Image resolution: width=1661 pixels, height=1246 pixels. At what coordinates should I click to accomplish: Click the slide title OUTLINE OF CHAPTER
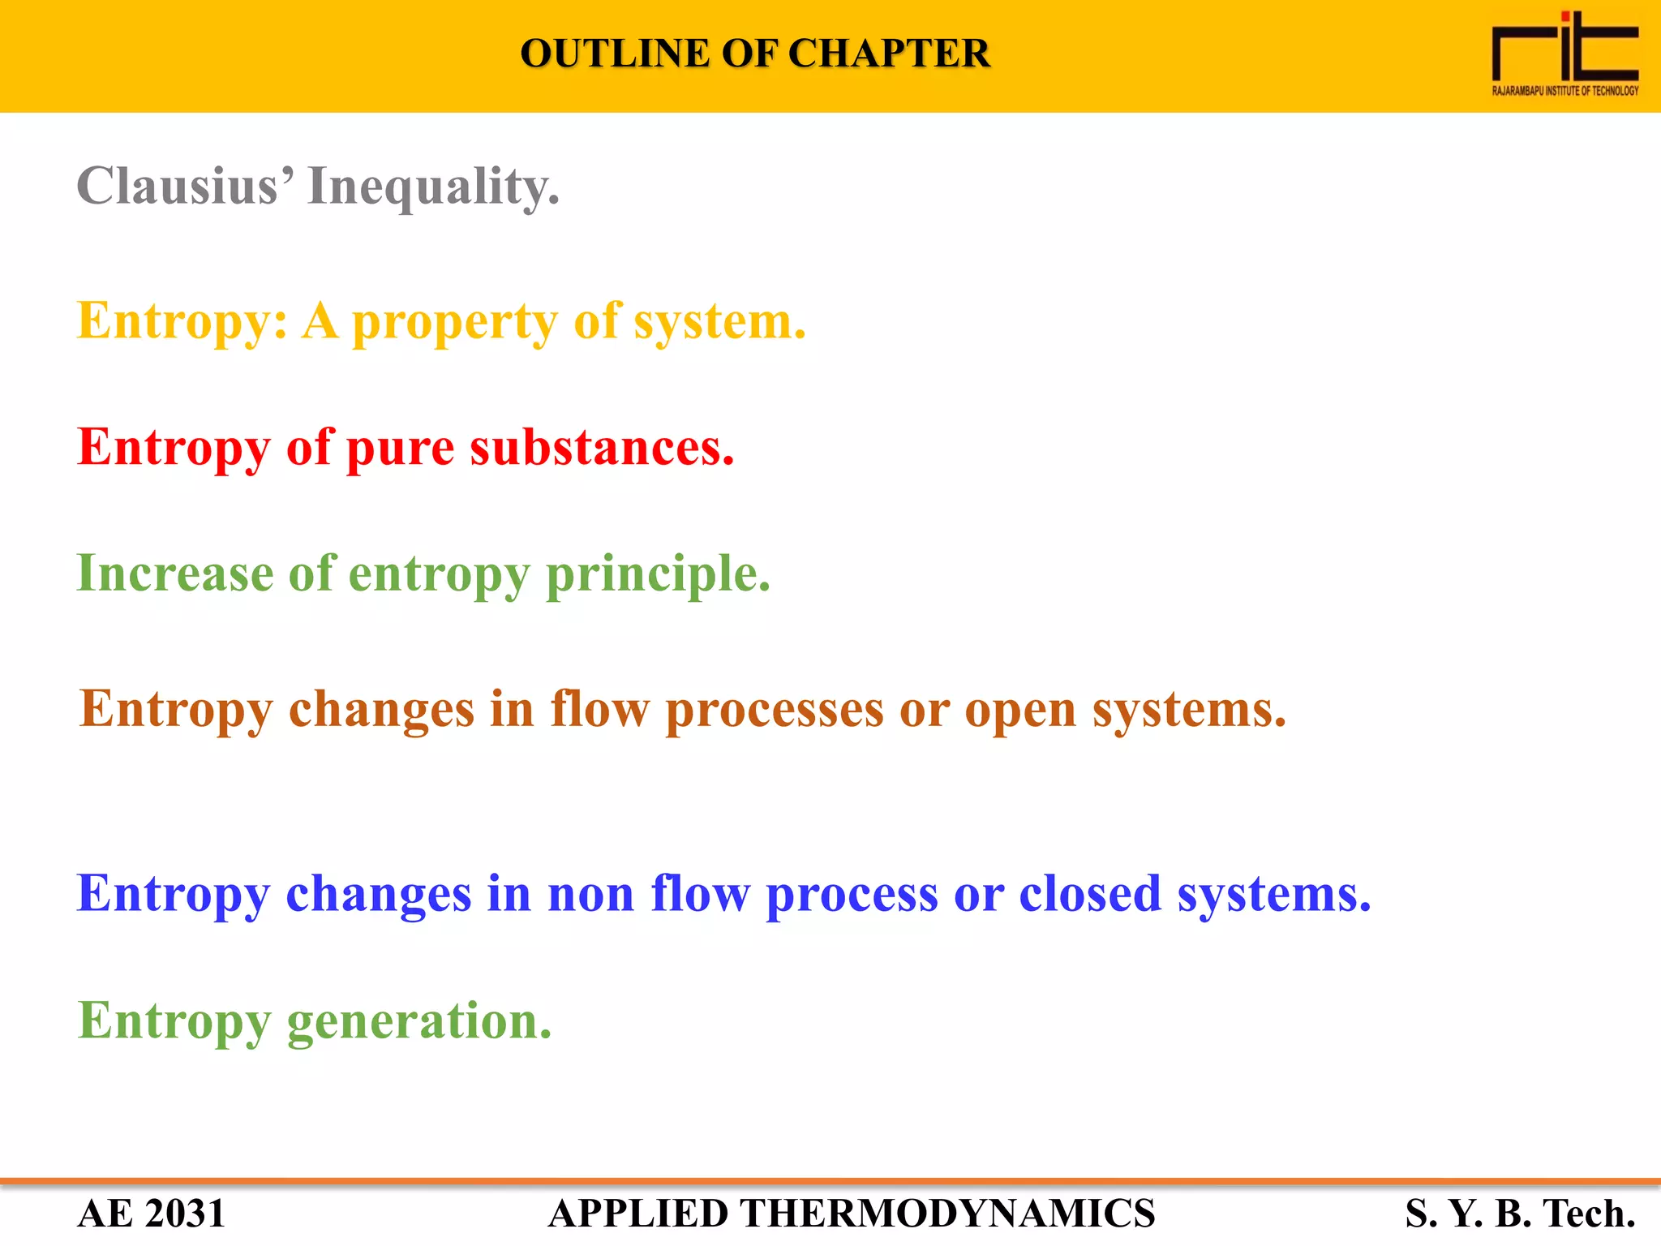(754, 54)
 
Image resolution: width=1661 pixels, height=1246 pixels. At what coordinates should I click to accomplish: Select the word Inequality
(433, 187)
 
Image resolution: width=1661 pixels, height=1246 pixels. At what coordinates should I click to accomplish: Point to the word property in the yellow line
(454, 322)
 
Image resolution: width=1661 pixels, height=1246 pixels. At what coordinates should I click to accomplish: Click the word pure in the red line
(400, 448)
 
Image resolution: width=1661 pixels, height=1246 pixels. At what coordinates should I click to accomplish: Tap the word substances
(602, 448)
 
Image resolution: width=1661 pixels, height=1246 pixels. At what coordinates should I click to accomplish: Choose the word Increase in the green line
(174, 574)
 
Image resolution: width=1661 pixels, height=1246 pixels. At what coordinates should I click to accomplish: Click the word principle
(658, 575)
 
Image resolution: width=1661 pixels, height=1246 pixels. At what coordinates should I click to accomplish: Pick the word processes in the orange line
(774, 711)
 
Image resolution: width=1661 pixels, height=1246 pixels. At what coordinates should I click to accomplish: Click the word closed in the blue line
(1089, 894)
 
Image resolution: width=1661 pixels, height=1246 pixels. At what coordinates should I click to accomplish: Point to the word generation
(418, 1021)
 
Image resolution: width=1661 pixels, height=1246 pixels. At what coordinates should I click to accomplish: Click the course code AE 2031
(151, 1214)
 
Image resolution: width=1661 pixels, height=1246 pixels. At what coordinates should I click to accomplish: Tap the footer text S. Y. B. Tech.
(1520, 1214)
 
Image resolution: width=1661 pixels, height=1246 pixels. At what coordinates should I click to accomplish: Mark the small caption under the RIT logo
(1564, 91)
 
